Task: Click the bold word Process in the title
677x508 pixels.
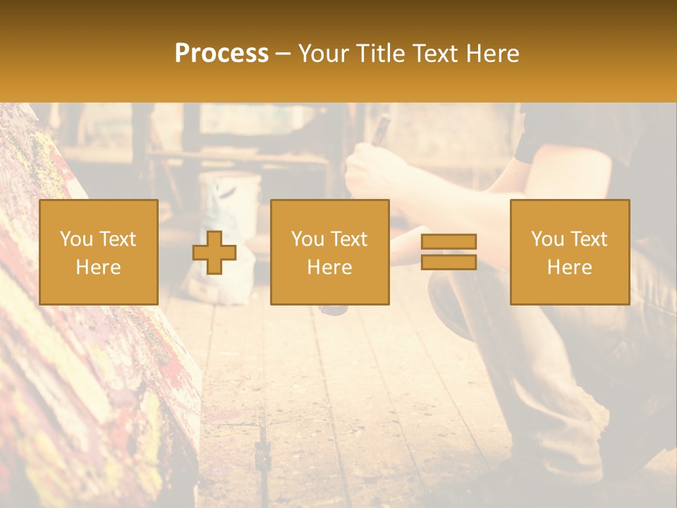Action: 221,54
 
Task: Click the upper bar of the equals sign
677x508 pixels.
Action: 449,242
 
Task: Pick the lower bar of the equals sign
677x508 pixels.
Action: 449,262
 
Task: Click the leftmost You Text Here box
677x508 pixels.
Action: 99,252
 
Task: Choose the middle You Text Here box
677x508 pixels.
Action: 329,252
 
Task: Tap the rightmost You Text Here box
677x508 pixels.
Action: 569,252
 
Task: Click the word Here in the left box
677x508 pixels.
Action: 99,267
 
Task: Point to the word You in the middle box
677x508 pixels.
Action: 307,239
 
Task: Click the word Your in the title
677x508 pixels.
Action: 324,54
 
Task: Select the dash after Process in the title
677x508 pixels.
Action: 283,54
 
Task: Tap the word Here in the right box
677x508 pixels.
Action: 569,267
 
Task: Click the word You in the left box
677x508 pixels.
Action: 76,239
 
